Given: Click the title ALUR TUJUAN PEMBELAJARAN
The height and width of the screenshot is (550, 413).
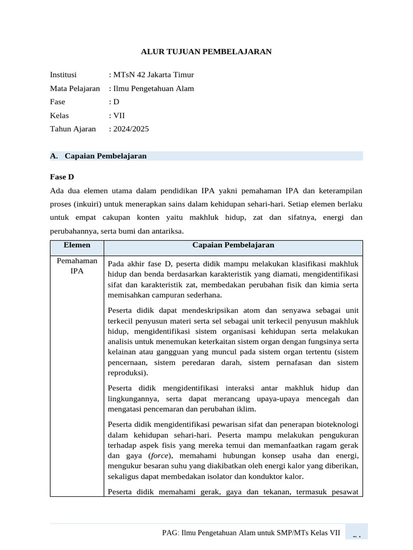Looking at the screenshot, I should (x=206, y=52).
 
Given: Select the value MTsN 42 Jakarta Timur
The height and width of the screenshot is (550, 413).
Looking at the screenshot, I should (x=153, y=75).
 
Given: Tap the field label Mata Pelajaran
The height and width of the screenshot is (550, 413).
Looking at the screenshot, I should (x=75, y=88).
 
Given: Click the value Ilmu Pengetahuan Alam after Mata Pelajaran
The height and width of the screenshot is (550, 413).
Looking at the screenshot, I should (x=153, y=88).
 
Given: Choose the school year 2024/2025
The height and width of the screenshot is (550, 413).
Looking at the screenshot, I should (x=130, y=128).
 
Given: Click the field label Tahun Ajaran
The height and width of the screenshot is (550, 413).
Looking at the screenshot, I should (x=73, y=128).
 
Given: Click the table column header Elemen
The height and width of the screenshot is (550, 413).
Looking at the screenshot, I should (x=77, y=245).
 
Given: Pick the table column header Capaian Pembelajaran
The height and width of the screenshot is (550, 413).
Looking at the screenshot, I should (x=233, y=245).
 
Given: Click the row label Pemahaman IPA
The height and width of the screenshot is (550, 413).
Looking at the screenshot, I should (x=77, y=266).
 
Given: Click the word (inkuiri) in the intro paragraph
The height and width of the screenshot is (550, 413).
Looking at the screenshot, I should (x=91, y=204).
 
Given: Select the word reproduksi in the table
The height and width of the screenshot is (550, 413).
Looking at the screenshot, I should (x=126, y=373).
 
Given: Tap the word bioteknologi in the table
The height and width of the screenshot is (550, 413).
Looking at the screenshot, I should (x=337, y=424).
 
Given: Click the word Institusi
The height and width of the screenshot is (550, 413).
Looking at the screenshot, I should (x=63, y=75).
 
